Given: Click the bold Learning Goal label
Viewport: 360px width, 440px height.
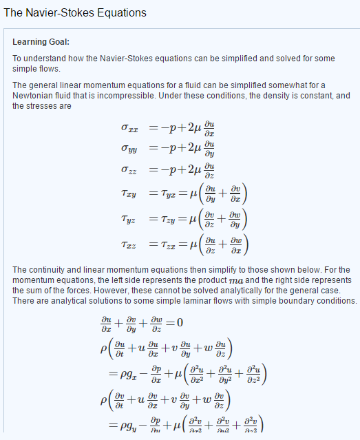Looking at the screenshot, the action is [41, 42].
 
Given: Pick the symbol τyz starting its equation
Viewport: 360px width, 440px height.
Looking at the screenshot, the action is [128, 219].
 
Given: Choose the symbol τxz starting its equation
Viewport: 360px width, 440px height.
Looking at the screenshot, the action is [128, 244].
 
